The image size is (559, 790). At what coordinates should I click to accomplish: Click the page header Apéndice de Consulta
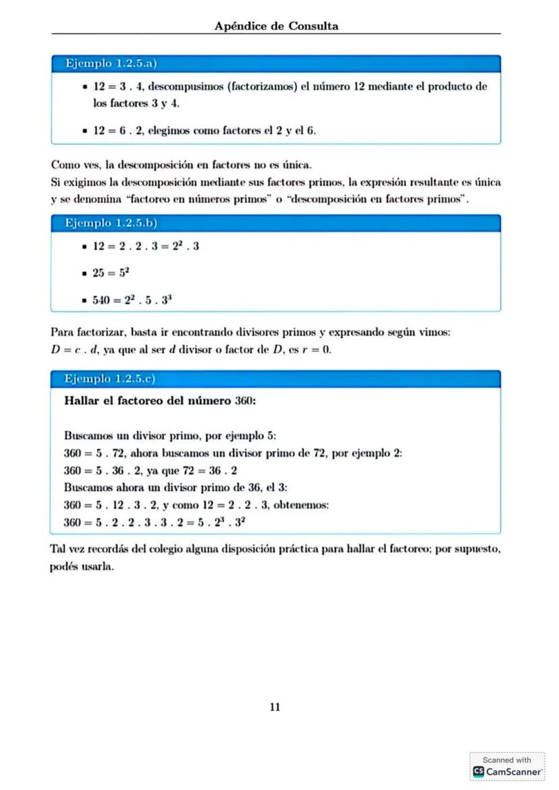click(x=276, y=26)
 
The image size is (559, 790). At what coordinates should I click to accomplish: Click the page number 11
click(x=275, y=707)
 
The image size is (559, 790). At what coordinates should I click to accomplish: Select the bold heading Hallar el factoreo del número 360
click(x=159, y=401)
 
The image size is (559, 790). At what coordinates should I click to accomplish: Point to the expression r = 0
click(x=317, y=349)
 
